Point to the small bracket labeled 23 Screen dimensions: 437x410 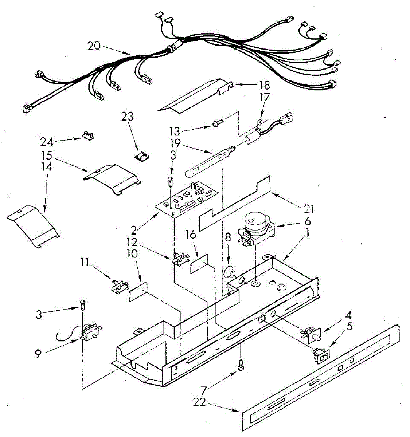pyautogui.click(x=142, y=156)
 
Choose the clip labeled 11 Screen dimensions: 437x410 pyautogui.click(x=119, y=286)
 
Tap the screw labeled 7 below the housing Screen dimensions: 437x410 pyautogui.click(x=241, y=364)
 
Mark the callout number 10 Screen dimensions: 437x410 pyautogui.click(x=132, y=253)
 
